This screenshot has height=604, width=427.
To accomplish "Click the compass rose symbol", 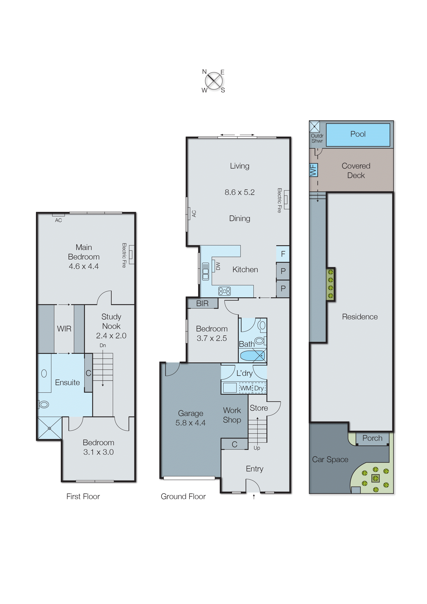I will pos(213,81).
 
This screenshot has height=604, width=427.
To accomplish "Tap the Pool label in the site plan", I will pos(358,134).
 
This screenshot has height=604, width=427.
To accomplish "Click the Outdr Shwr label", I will pos(317,138).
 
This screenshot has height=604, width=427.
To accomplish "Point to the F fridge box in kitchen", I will pos(283,254).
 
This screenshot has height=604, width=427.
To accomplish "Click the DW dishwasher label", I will pos(218,266).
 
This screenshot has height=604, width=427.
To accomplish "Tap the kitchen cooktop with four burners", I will pos(224,291).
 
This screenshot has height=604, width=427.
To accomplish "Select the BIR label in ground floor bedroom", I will pos(202,303).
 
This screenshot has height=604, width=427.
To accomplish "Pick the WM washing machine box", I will pos(246,388).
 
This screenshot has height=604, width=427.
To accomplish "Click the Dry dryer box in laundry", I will pos(259,388).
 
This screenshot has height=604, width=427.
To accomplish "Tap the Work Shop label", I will pos(232,415).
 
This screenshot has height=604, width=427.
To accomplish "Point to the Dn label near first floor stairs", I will pos(103,345).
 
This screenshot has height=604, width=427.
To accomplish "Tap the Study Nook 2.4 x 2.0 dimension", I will pos(111,336).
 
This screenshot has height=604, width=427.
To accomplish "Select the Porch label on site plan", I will pos(372,438).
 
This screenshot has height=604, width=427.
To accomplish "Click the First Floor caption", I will pos(83,496).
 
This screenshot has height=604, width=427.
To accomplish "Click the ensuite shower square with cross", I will pos(49,428).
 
